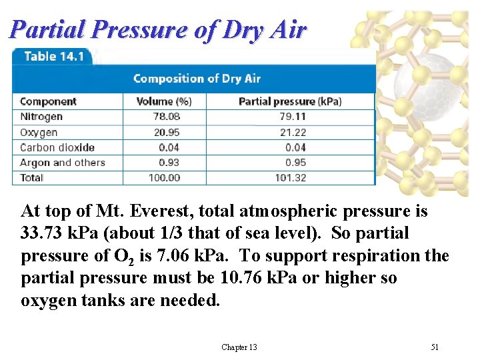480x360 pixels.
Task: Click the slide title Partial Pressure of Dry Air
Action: click(x=159, y=30)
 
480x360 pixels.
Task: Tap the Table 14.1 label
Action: click(x=53, y=57)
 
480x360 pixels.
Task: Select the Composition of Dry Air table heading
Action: click(x=197, y=79)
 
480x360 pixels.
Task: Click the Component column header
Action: click(x=48, y=101)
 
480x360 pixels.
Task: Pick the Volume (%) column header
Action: click(x=164, y=101)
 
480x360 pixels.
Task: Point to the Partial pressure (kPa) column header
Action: click(x=290, y=101)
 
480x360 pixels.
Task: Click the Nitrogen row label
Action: click(x=41, y=117)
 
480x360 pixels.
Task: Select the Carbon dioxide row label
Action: click(x=57, y=147)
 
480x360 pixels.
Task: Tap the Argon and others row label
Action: click(x=63, y=163)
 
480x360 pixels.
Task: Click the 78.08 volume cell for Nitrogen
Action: click(x=167, y=117)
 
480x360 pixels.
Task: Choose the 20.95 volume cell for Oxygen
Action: click(x=167, y=132)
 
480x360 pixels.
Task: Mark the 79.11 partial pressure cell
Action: click(x=293, y=117)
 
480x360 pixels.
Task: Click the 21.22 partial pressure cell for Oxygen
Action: click(x=293, y=132)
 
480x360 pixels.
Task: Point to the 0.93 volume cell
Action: click(x=170, y=163)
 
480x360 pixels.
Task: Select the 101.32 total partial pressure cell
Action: click(x=291, y=178)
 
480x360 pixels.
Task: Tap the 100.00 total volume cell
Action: click(x=165, y=178)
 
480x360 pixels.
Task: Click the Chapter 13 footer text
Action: click(x=239, y=347)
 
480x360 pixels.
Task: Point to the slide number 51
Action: click(x=435, y=347)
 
